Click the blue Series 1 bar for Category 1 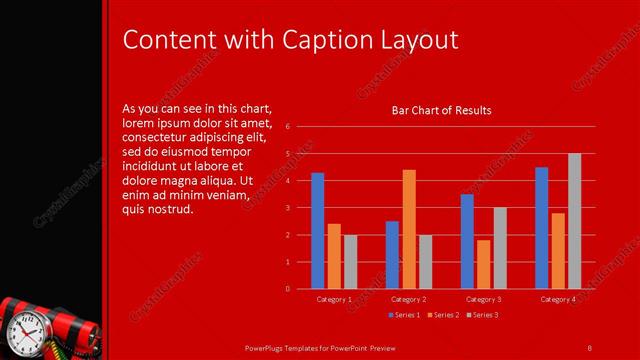pyautogui.click(x=317, y=231)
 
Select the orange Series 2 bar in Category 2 pyautogui.click(x=409, y=229)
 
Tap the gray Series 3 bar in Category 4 pyautogui.click(x=575, y=221)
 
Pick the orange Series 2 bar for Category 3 pyautogui.click(x=484, y=264)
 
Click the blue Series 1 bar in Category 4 pyautogui.click(x=541, y=228)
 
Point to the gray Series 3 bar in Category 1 pyautogui.click(x=350, y=262)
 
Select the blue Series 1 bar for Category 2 pyautogui.click(x=392, y=255)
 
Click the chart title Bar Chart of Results pyautogui.click(x=441, y=110)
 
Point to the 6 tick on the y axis pyautogui.click(x=287, y=127)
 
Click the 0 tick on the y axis pyautogui.click(x=287, y=289)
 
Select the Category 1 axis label pyautogui.click(x=334, y=300)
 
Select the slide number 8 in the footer pyautogui.click(x=589, y=346)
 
